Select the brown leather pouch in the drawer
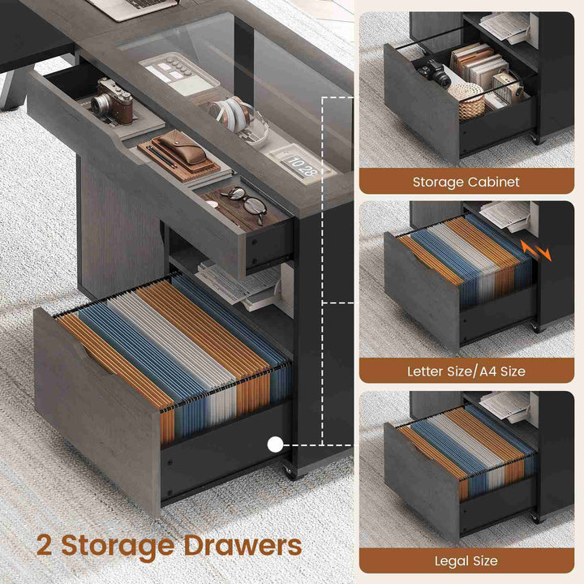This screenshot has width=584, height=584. click(181, 152)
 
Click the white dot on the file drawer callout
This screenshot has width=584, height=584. click(275, 444)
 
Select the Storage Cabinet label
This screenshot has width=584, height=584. click(466, 182)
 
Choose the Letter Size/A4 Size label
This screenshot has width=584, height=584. click(466, 371)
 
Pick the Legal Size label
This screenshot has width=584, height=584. click(466, 560)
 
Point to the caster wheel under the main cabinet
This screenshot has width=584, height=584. click(290, 471)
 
